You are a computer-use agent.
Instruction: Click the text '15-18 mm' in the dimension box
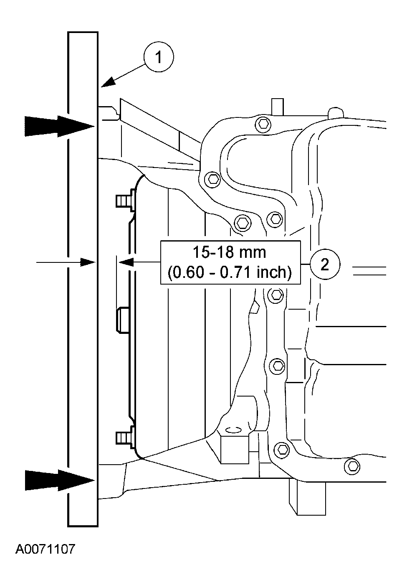point(229,252)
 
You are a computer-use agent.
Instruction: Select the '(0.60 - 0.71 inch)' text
point(229,272)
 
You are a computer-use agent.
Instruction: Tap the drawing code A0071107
point(46,549)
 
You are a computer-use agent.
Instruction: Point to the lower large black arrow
point(58,480)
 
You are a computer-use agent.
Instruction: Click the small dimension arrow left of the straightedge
point(67,262)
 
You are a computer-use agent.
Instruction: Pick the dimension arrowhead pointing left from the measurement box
point(127,262)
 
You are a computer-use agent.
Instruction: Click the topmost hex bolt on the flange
point(262,123)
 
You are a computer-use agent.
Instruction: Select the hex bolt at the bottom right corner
point(353,465)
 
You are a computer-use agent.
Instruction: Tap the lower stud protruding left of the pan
point(124,437)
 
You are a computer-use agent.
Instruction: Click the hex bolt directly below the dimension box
point(275,295)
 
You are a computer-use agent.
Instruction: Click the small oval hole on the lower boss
point(232,429)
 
